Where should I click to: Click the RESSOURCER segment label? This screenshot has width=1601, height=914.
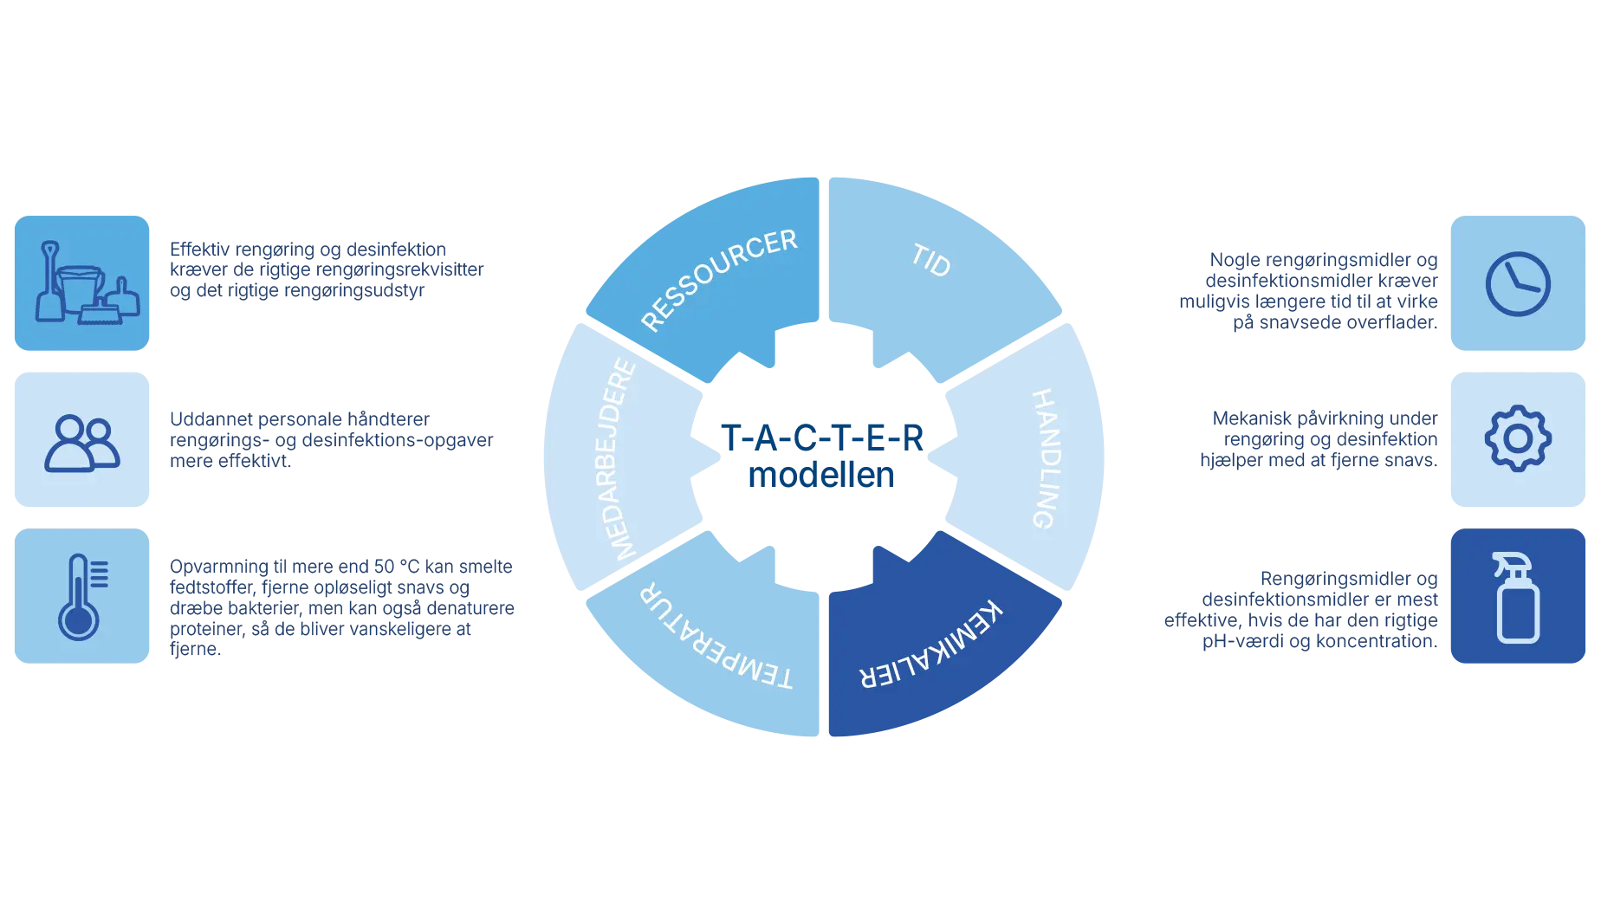click(718, 278)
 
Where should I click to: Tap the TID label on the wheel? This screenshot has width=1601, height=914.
click(931, 260)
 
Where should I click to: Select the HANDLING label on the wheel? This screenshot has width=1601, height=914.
click(1045, 458)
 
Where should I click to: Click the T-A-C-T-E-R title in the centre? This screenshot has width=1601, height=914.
click(822, 438)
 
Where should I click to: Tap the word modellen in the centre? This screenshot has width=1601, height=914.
click(820, 476)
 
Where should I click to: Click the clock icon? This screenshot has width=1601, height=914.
click(1518, 284)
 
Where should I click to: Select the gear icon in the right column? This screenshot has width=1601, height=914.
click(1518, 439)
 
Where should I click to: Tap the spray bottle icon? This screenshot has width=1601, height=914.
click(1518, 598)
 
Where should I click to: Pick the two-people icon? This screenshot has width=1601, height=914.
click(82, 443)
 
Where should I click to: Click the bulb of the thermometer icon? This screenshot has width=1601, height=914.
click(78, 621)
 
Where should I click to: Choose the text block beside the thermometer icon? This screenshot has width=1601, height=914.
click(342, 607)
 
